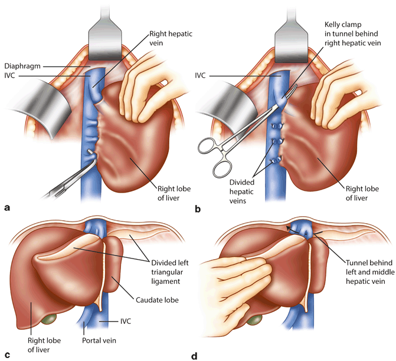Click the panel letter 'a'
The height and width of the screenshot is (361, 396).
7,207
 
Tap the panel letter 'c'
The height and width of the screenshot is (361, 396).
7,355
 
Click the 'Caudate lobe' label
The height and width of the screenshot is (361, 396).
158,300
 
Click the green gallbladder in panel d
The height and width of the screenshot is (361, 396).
254,320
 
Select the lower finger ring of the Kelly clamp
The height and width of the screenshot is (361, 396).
222,169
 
